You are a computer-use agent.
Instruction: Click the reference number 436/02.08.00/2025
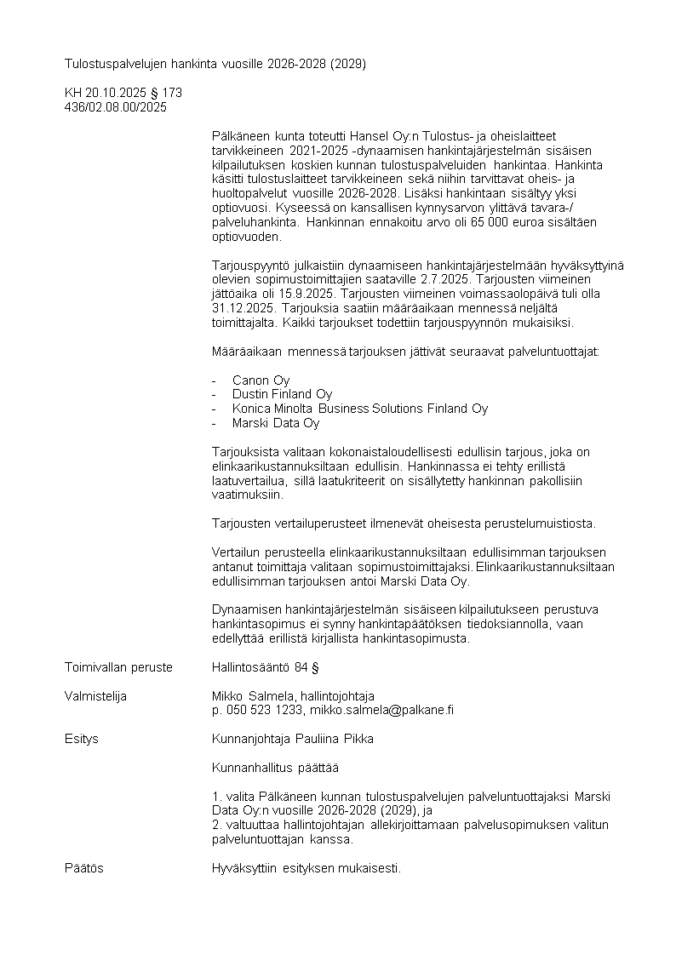click(116, 107)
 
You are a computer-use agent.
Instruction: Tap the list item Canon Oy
click(261, 380)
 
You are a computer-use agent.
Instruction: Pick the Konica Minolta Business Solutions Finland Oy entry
click(359, 409)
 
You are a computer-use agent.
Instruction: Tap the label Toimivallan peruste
click(118, 666)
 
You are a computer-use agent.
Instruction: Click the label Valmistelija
click(95, 696)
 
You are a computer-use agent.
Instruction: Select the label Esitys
click(81, 738)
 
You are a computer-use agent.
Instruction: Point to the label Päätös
click(83, 868)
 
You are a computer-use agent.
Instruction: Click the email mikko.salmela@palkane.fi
click(381, 710)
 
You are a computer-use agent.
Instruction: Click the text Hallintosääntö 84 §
click(265, 666)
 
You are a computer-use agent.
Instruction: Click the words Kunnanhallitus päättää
click(275, 768)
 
